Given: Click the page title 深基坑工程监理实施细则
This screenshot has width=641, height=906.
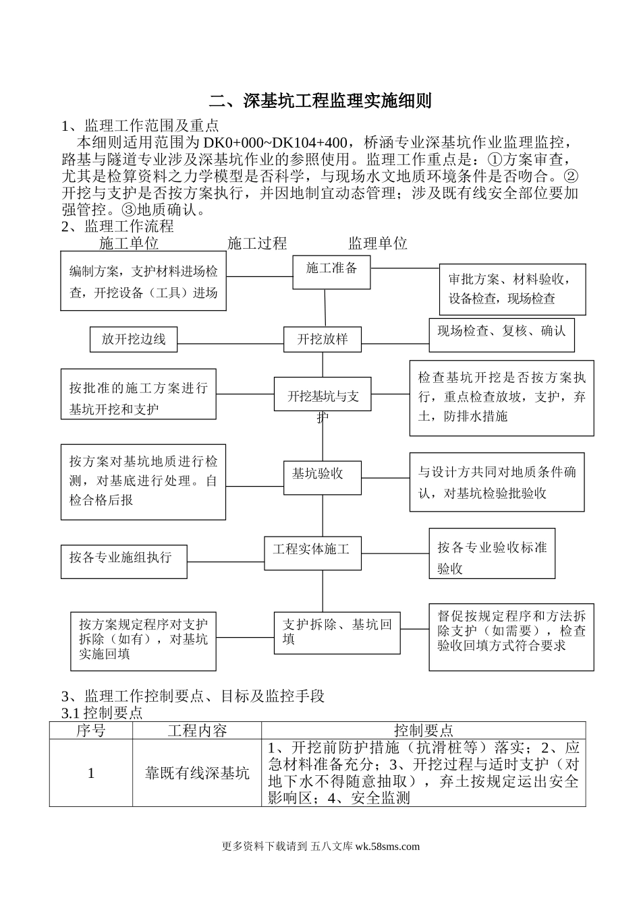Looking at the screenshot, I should coord(320,101).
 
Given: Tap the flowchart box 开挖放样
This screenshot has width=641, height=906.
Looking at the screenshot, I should coord(323,339).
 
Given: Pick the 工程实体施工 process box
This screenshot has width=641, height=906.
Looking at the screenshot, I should coord(312,549).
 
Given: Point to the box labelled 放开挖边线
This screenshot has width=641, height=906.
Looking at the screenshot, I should coord(134,339).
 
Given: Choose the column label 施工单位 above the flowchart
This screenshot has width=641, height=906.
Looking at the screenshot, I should coord(129,243).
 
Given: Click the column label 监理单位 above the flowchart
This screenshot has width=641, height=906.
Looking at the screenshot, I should coord(378,243).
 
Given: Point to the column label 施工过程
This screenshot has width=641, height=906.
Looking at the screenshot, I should coord(257,243).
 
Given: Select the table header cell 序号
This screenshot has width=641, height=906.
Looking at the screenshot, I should coord(91,731).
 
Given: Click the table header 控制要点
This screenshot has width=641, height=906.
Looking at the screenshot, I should coord(423,731).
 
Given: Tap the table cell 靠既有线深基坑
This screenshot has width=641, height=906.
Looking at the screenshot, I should coord(197,773).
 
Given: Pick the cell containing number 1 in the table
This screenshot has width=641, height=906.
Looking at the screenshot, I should coord(91,773).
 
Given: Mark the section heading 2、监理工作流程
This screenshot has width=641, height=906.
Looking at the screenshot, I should coord(117,226).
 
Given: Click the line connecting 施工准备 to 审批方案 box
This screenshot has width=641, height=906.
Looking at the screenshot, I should coord(405,268).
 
